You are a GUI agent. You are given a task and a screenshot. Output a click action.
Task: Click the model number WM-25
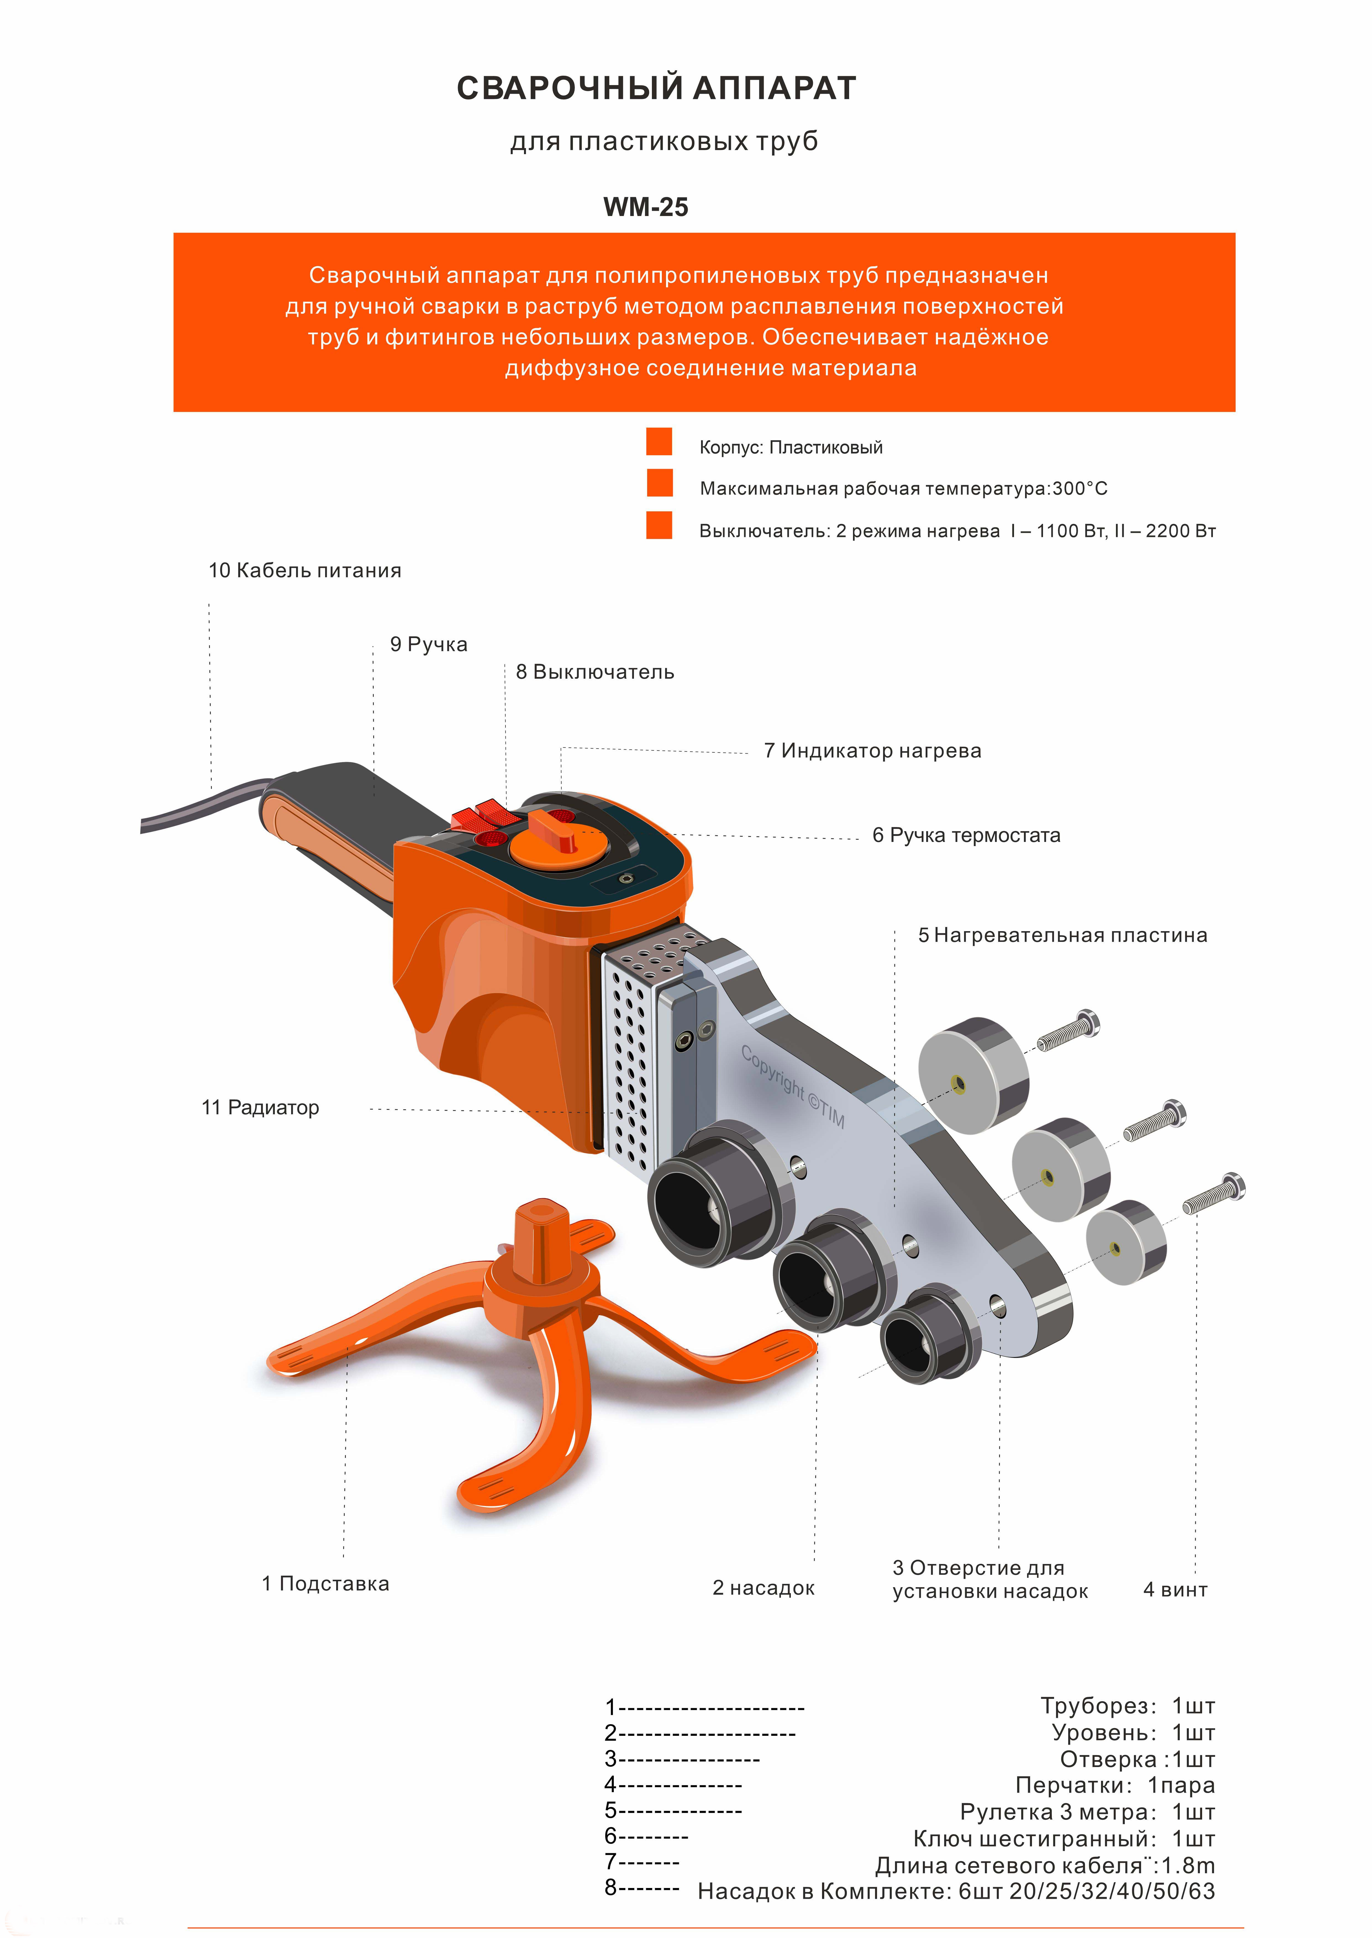tap(646, 207)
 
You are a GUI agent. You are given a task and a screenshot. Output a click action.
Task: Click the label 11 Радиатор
tap(260, 1108)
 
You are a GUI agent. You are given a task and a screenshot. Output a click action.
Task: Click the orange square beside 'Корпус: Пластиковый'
tap(659, 441)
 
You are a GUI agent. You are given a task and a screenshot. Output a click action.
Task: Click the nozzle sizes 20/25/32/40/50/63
tap(1112, 1892)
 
